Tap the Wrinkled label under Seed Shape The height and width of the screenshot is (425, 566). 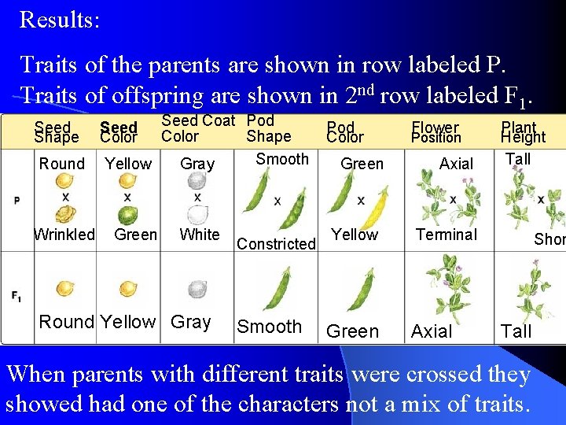64,235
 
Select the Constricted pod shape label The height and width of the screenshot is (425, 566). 276,244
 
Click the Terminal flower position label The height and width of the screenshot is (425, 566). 447,235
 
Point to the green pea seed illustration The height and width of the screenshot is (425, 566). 127,215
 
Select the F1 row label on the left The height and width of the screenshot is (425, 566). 17,296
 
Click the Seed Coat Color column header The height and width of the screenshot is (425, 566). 197,128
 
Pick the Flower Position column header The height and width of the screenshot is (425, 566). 436,132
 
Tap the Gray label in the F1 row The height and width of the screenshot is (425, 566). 191,323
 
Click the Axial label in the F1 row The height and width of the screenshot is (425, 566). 432,332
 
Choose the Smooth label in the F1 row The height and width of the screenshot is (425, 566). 270,327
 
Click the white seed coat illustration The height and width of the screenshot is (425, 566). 197,213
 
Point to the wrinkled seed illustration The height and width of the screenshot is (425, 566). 64,214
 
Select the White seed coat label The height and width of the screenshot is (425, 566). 200,235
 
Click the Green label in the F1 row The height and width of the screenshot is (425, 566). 352,332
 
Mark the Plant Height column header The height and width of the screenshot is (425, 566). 523,132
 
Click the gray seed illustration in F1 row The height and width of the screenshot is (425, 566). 197,290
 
